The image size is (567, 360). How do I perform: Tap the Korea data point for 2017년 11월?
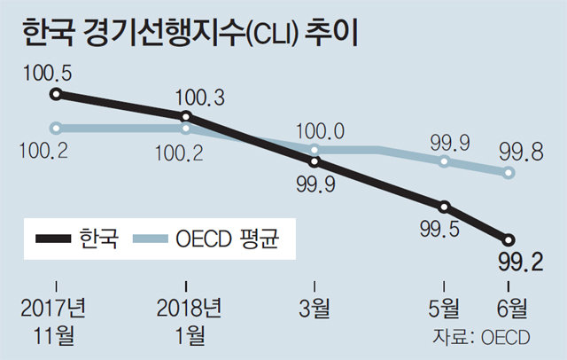click(x=56, y=94)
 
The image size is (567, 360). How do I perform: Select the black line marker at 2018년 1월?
click(x=185, y=116)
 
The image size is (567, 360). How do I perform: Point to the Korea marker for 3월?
click(x=315, y=162)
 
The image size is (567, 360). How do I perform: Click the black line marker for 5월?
click(x=445, y=207)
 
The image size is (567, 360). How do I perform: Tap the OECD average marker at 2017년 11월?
click(x=56, y=127)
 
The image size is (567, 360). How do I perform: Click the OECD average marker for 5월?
click(x=445, y=162)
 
